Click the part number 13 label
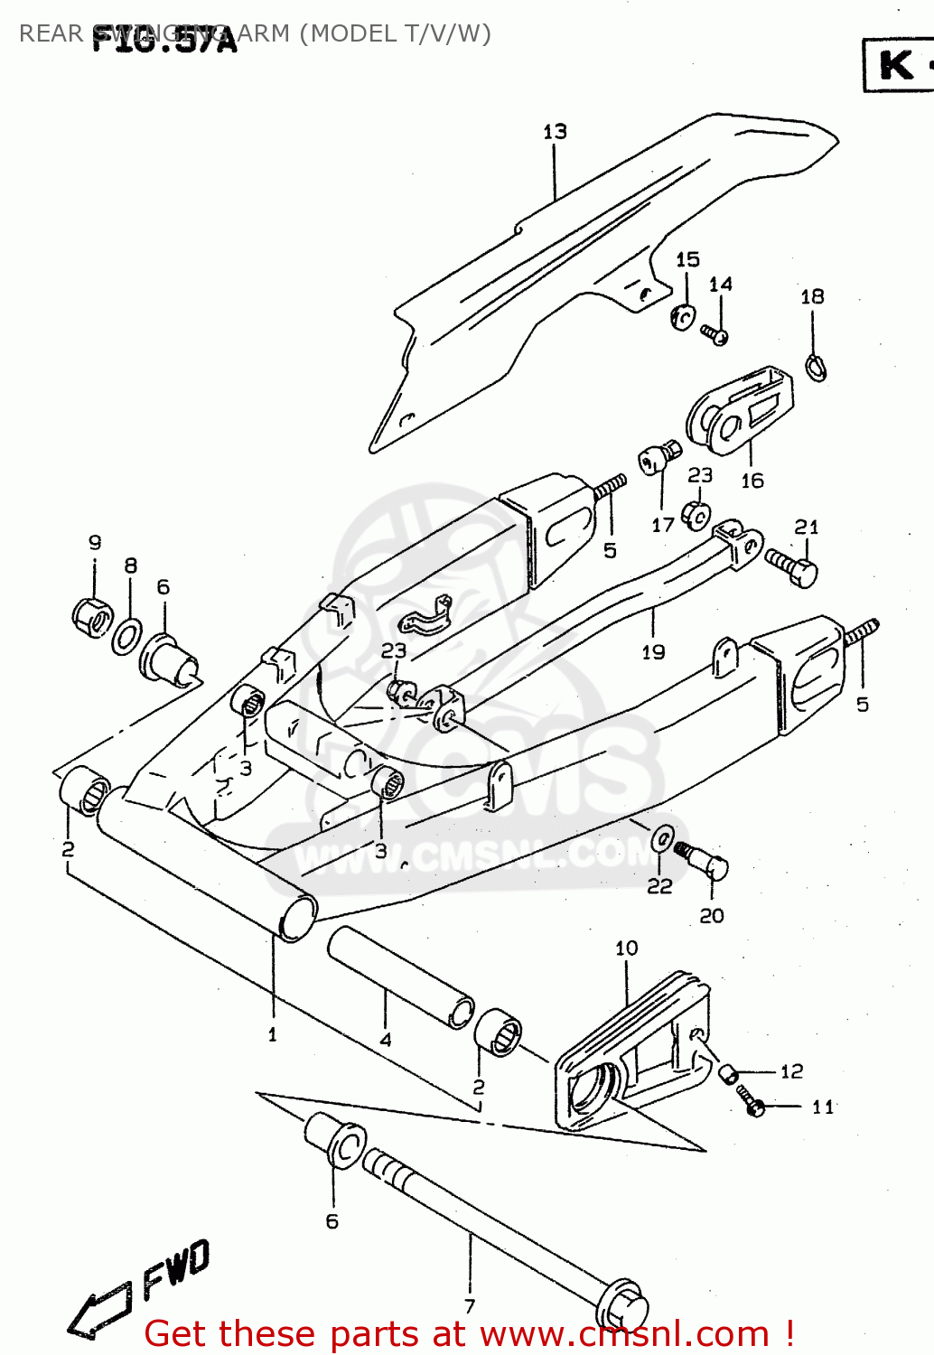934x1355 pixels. (x=555, y=132)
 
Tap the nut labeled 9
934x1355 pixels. (x=91, y=617)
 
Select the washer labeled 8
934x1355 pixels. (x=126, y=636)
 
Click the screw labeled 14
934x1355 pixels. (x=715, y=335)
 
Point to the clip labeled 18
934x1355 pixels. (x=815, y=367)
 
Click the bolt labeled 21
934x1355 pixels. (x=792, y=566)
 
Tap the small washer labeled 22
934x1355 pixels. (x=662, y=838)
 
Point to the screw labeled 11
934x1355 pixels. (x=750, y=1099)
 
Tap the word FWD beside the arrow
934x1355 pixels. (x=177, y=1267)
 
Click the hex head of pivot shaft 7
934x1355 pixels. (x=623, y=1308)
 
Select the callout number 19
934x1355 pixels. (x=653, y=651)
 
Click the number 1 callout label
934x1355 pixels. (x=272, y=1034)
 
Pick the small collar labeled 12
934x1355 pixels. (x=728, y=1073)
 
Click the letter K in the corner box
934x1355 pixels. (x=896, y=65)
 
